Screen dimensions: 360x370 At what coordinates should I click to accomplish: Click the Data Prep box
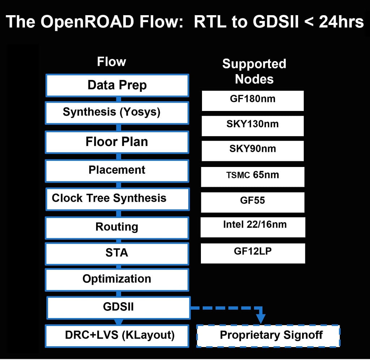pos(117,86)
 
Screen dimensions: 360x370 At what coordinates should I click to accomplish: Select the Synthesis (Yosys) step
pos(117,112)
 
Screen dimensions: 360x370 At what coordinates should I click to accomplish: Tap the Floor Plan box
pos(117,142)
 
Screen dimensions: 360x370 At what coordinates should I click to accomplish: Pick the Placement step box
pos(117,170)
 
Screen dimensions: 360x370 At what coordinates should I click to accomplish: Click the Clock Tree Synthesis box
pos(117,198)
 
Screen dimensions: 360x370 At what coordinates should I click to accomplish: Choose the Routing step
pos(117,227)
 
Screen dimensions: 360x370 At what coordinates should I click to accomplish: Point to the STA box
pos(117,253)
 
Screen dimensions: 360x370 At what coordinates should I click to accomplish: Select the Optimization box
pos(117,279)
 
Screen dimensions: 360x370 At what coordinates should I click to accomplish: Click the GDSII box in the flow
pos(118,308)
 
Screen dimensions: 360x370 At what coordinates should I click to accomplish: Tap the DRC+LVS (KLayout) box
pos(117,336)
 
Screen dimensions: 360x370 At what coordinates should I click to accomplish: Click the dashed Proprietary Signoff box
pos(268,336)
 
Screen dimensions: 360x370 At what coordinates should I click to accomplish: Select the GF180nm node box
pos(253,100)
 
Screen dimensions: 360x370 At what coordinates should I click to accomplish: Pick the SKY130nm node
pos(253,125)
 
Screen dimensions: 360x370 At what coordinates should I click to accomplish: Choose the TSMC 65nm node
pos(253,176)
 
